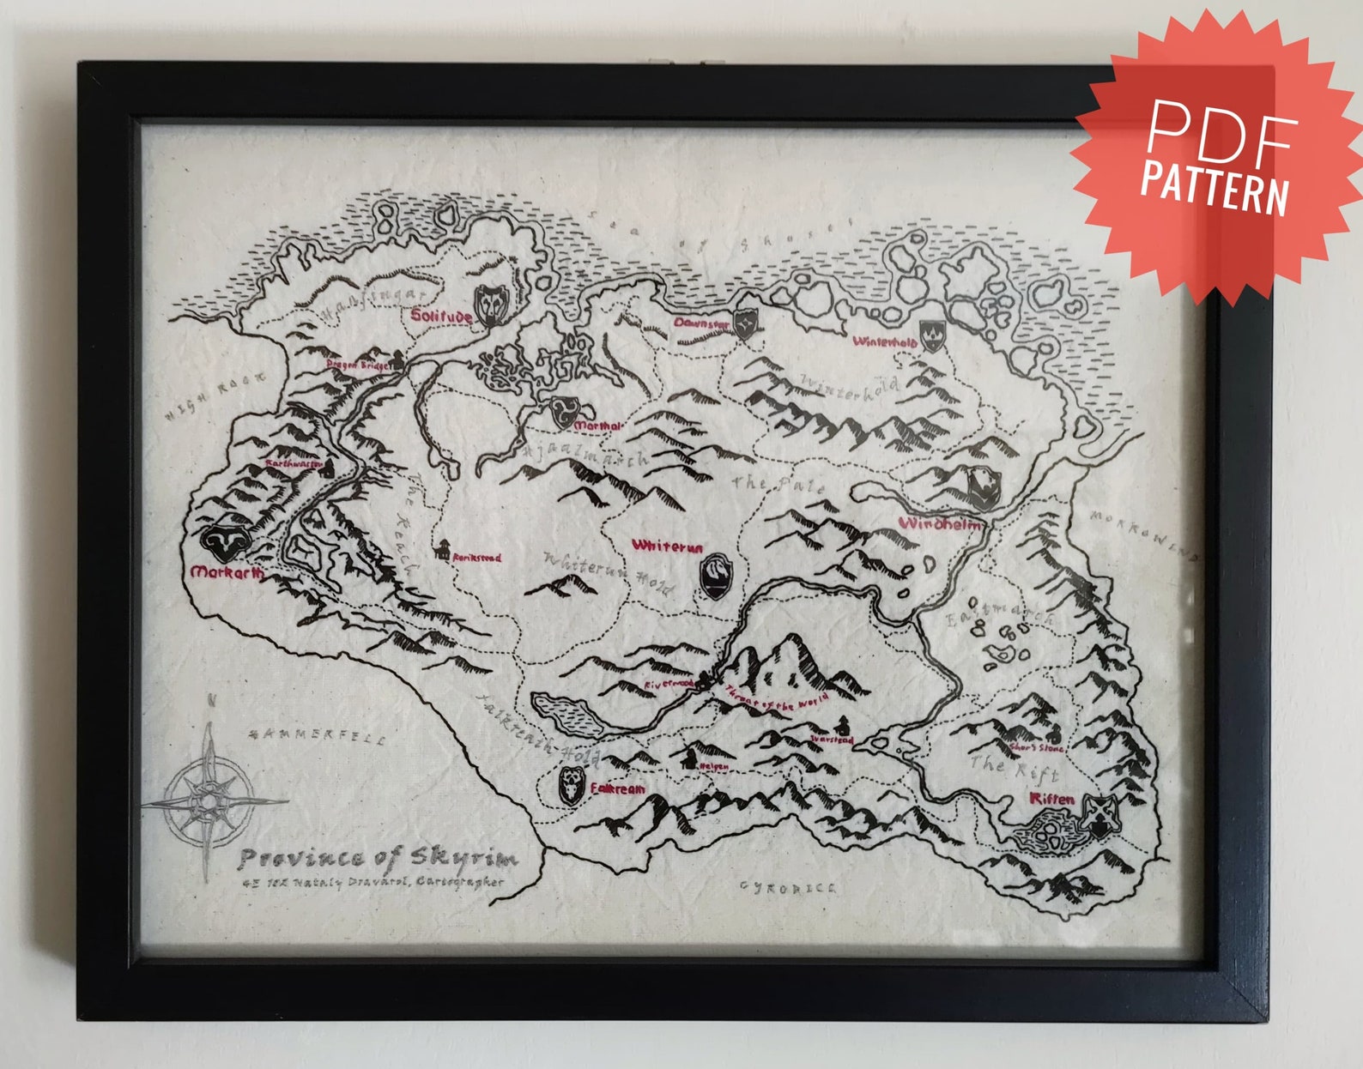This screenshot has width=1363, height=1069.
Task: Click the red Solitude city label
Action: click(x=441, y=316)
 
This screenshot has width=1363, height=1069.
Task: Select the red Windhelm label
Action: click(x=941, y=523)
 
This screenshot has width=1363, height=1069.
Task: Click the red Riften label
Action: click(x=1051, y=799)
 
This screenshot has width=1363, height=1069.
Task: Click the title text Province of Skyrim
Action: click(x=378, y=857)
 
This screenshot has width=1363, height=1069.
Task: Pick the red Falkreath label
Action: click(x=617, y=788)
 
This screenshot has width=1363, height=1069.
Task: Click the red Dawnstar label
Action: click(x=701, y=323)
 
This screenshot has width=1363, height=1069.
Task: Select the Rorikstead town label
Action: click(x=476, y=558)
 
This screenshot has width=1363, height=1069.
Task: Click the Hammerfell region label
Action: click(x=317, y=736)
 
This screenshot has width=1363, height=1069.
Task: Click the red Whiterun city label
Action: click(x=667, y=546)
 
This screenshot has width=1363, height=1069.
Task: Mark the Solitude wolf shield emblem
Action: click(x=492, y=304)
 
